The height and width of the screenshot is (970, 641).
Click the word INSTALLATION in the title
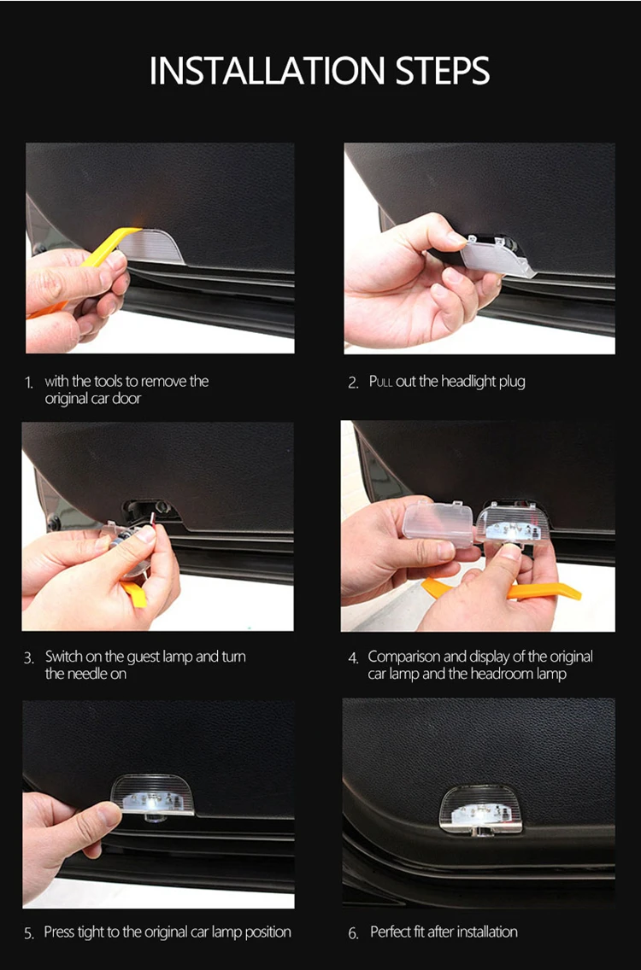pyautogui.click(x=267, y=71)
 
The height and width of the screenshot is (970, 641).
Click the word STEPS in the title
pyautogui.click(x=444, y=71)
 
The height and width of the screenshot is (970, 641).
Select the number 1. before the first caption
pyautogui.click(x=29, y=383)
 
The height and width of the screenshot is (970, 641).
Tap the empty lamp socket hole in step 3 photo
pyautogui.click(x=152, y=509)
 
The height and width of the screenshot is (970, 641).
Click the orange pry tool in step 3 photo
pyautogui.click(x=134, y=594)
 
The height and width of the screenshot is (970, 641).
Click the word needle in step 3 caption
pyautogui.click(x=87, y=674)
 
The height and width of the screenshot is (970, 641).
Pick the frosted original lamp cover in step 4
pyautogui.click(x=438, y=523)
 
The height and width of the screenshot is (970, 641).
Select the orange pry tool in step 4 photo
pyautogui.click(x=502, y=589)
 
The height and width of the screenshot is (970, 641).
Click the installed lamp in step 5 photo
pyautogui.click(x=152, y=797)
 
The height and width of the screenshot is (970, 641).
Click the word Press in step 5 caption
pyautogui.click(x=59, y=932)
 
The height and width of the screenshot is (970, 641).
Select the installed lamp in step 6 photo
pyautogui.click(x=480, y=809)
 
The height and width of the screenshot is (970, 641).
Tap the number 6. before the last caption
pyautogui.click(x=353, y=933)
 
